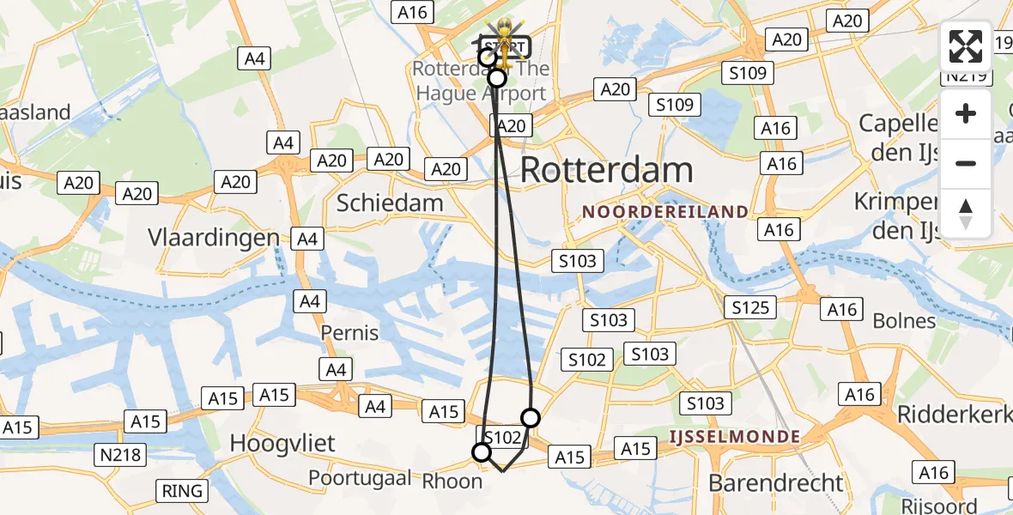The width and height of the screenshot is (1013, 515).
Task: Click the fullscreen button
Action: [x=966, y=46]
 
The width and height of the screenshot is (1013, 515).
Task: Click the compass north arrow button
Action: [x=966, y=214]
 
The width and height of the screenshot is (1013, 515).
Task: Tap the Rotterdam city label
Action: [x=606, y=170]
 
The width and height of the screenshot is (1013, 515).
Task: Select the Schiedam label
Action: [x=390, y=203]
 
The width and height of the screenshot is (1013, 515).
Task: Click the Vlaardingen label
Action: [x=214, y=238]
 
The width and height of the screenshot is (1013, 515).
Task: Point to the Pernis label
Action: [x=349, y=332]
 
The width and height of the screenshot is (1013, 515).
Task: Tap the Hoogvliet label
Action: [x=282, y=444]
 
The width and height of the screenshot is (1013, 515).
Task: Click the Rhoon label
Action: [x=452, y=482]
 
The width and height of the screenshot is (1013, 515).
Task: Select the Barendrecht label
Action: [x=776, y=482]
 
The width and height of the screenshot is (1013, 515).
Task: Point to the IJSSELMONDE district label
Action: [x=736, y=437]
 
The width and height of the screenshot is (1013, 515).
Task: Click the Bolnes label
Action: [x=904, y=321]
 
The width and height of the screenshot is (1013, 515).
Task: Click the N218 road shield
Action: [x=119, y=453]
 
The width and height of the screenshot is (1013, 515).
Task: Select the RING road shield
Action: [x=182, y=491]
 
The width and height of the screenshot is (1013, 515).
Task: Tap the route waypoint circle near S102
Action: [x=482, y=452]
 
